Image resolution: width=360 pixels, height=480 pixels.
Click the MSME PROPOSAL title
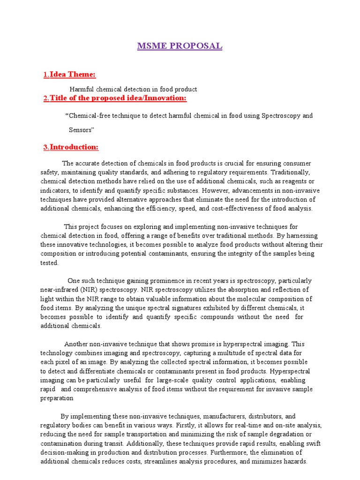(x=180, y=46)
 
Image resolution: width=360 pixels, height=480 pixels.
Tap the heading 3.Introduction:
(x=71, y=147)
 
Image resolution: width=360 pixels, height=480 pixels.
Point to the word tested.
(x=49, y=262)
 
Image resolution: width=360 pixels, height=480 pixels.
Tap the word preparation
(x=57, y=398)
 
